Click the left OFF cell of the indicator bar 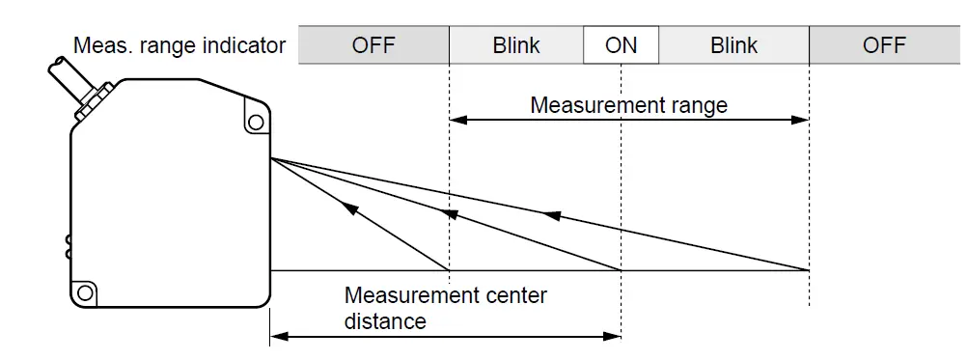click(373, 45)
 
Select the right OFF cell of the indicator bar click(884, 45)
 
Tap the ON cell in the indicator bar click(622, 45)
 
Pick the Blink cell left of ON click(516, 45)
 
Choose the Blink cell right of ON click(733, 45)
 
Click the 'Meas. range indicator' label click(180, 45)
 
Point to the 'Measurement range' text click(628, 104)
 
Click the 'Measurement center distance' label click(445, 308)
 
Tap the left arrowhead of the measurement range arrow click(456, 120)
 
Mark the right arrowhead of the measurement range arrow click(801, 120)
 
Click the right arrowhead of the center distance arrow click(614, 337)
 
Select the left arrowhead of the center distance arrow click(277, 337)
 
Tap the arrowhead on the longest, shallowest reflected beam click(549, 215)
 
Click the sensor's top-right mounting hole click(255, 123)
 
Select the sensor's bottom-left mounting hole click(86, 291)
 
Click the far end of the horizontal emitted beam click(808, 270)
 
